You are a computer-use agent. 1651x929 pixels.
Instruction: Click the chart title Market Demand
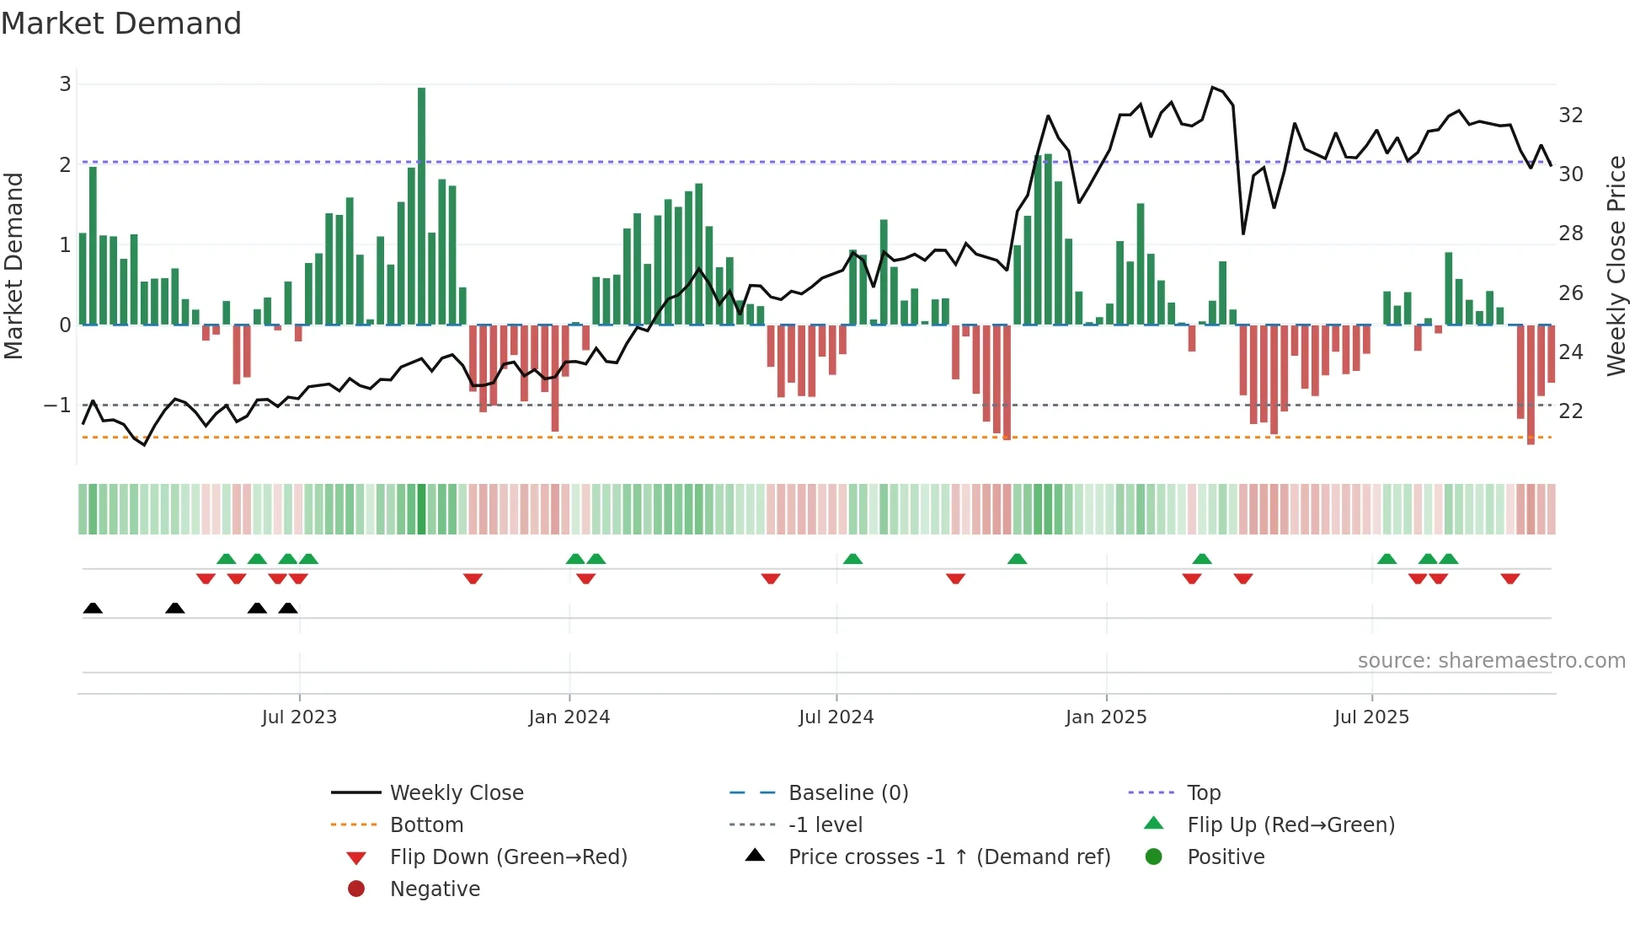pos(121,23)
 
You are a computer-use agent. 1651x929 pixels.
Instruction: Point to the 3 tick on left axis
pos(65,84)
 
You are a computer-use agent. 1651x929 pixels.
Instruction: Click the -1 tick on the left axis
pos(57,405)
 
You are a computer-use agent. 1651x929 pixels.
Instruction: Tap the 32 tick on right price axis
pos(1570,115)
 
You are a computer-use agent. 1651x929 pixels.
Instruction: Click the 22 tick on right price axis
pos(1570,411)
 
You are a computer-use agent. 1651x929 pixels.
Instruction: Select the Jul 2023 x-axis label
pos(299,717)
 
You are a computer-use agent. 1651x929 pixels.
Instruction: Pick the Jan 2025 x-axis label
pos(1105,717)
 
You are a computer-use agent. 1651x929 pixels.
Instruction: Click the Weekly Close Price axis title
pos(1616,266)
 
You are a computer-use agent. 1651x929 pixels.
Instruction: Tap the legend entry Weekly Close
pos(456,793)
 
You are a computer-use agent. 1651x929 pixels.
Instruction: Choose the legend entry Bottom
pos(426,825)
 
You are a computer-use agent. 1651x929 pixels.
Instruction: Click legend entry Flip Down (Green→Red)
pos(508,857)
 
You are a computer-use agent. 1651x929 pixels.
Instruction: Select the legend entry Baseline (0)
pos(847,793)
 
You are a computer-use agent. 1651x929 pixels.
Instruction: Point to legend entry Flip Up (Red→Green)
pos(1290,825)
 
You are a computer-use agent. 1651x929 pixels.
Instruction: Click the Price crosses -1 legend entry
pos(948,857)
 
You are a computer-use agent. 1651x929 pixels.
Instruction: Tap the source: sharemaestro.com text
pos(1491,661)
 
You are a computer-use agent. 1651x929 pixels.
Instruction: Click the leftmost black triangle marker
pos(93,609)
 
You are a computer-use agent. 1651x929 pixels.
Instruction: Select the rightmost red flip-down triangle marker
pos(1509,578)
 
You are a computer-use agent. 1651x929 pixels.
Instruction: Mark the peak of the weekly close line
pos(1212,87)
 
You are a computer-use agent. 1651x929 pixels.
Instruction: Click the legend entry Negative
pos(435,889)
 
